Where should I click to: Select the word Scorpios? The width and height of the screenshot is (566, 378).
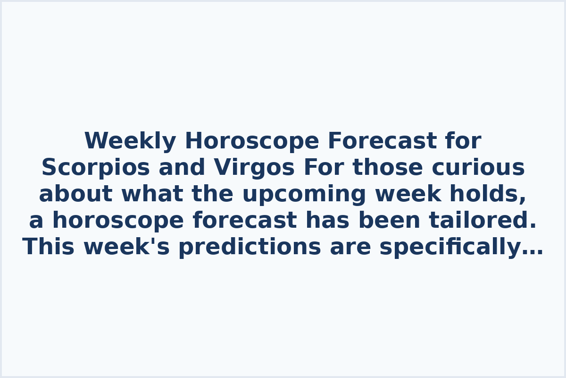click(x=95, y=168)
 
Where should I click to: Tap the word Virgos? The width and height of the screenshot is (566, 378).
click(x=255, y=168)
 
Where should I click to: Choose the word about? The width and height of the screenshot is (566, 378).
click(x=75, y=194)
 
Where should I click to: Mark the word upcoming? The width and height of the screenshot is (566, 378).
click(x=304, y=195)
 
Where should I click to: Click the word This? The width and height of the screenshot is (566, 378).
click(x=49, y=247)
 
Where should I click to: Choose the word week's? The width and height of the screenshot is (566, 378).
click(x=126, y=247)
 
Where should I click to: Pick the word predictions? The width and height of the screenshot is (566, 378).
click(x=250, y=247)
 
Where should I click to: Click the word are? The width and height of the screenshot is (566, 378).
click(x=350, y=247)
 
